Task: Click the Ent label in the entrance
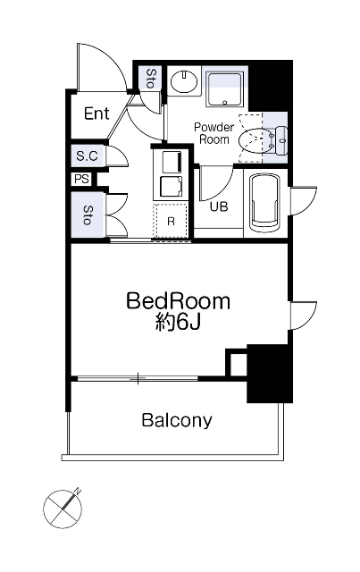point(96,114)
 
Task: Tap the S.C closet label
point(88,156)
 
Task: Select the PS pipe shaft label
point(81,179)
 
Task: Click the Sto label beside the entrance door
point(149,78)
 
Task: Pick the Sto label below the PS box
point(88,214)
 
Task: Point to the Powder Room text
point(214,133)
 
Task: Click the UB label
point(219,206)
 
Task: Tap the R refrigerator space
point(171,221)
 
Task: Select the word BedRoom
point(179,301)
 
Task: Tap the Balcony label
point(177,420)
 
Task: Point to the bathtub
point(264,202)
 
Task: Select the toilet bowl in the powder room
point(253,139)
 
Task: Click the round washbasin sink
point(185,81)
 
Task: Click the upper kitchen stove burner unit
point(172,161)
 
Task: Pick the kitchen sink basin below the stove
point(172,187)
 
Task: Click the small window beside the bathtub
point(303,201)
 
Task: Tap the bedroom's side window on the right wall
point(303,315)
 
